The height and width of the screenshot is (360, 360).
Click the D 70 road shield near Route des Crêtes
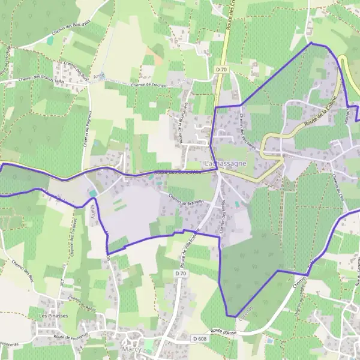221,70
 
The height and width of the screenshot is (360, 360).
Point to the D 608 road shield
200,339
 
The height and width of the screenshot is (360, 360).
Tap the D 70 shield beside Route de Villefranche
178,274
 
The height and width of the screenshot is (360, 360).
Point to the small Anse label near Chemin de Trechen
98,76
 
